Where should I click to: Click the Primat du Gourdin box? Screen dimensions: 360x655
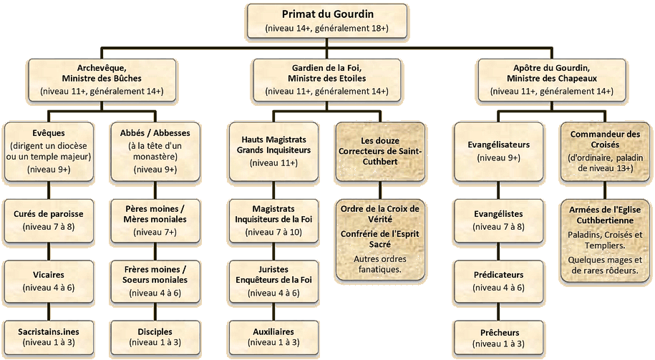[327, 21]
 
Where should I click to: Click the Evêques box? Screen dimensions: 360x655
[49, 151]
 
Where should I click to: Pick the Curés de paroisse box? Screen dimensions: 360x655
[49, 220]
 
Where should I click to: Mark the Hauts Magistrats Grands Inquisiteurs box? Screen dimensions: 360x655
[274, 151]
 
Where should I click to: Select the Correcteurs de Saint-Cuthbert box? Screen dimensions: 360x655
[380, 151]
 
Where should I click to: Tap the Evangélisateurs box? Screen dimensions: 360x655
[498, 151]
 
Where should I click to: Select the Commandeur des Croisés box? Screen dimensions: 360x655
[605, 151]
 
